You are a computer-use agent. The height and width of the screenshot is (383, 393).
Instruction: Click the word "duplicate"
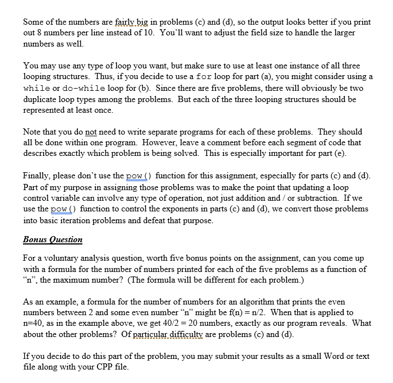(42, 99)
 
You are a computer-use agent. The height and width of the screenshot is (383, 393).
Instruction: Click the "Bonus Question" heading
(53, 239)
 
